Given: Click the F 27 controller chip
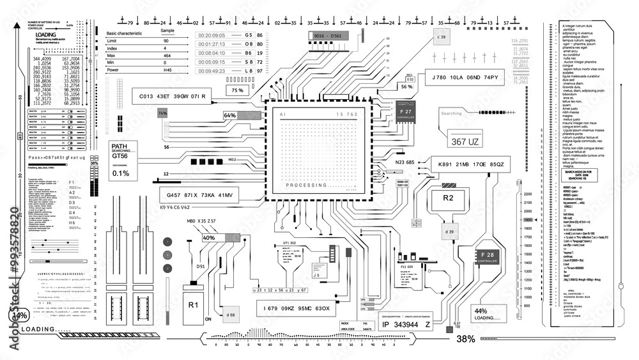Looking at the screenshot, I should tap(405, 113).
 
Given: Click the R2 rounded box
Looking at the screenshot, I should tap(448, 198).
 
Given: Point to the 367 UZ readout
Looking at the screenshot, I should tap(465, 141).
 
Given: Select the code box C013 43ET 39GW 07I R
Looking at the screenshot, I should tap(171, 97).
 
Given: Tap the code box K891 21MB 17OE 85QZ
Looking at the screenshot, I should tap(471, 165).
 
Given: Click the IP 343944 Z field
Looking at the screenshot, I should tap(406, 324).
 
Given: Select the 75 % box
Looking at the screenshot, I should tap(238, 91).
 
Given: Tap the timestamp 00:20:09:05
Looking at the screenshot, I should tap(211, 35).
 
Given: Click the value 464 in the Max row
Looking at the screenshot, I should tap(167, 56).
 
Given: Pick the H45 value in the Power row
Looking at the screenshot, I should tap(167, 70).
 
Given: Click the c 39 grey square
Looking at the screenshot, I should tap(441, 37).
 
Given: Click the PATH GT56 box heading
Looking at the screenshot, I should tap(119, 146).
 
